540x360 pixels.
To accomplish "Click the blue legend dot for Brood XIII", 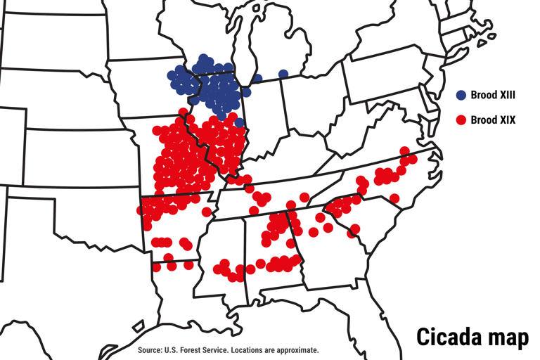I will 461,94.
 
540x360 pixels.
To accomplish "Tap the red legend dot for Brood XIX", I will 461,120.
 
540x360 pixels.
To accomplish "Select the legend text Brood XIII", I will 494,95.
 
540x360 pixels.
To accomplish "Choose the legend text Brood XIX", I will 493,120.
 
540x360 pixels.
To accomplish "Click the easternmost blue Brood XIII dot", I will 283,74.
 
